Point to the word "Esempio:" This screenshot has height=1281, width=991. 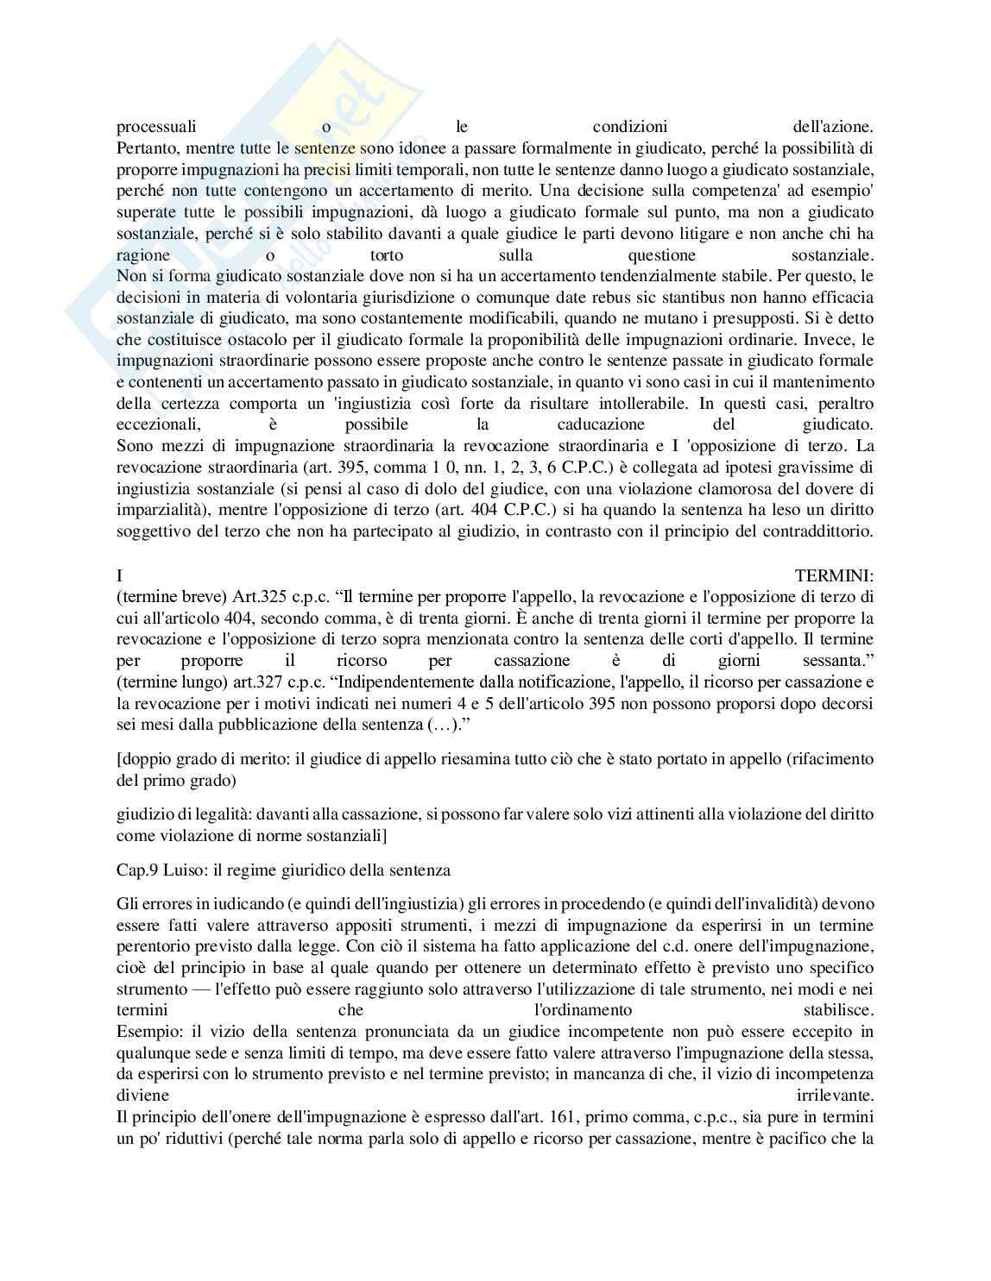[x=148, y=1032]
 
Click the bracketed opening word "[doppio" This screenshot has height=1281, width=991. [x=143, y=760]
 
